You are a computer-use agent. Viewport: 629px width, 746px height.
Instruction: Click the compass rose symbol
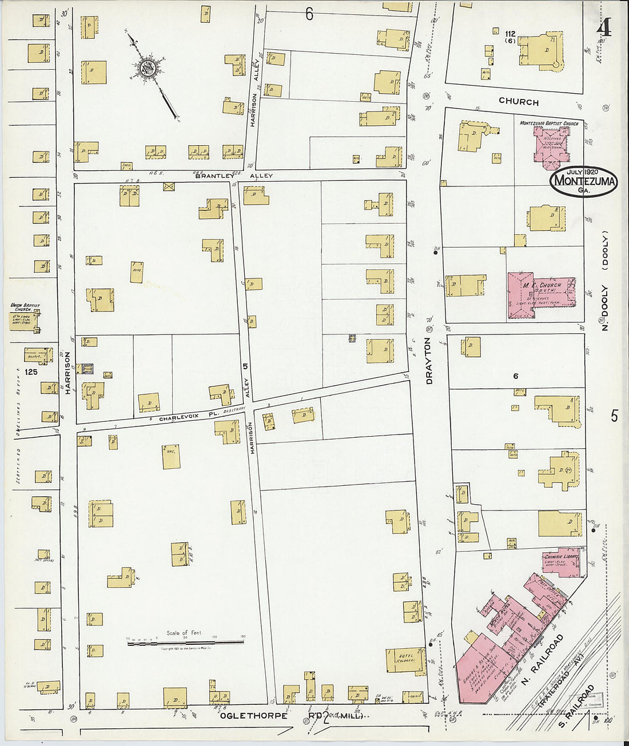click(x=148, y=69)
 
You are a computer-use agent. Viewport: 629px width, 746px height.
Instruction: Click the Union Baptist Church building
click(x=24, y=320)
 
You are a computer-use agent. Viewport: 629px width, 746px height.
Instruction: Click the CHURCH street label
click(x=518, y=102)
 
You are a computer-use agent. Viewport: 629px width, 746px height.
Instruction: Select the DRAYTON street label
click(x=429, y=360)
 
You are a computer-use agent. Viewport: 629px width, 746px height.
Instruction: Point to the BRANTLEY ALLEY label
click(x=234, y=175)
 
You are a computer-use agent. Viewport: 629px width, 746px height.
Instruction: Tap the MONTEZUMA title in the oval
click(x=584, y=182)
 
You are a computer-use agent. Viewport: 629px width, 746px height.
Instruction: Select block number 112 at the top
click(x=510, y=34)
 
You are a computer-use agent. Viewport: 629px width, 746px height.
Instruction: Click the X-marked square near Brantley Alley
click(x=169, y=186)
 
